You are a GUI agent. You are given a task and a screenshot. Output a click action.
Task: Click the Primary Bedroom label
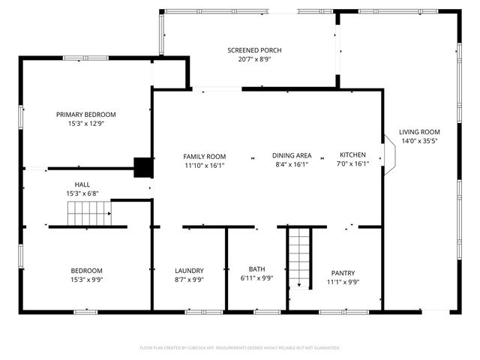[86, 115]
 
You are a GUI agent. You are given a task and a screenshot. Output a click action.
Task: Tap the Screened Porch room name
[255, 50]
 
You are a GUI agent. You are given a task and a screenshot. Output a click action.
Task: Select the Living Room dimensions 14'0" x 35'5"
[419, 139]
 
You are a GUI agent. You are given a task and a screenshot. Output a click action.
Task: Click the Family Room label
[205, 156]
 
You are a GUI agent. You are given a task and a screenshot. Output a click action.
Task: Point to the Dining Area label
[292, 156]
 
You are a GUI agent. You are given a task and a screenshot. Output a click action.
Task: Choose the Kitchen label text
[352, 156]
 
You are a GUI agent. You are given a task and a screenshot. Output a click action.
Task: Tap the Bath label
[256, 269]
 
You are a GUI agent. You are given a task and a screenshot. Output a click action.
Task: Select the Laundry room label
[189, 271]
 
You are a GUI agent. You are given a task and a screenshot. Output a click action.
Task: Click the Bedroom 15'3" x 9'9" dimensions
[87, 280]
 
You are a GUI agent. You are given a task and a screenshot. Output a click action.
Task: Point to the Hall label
[82, 184]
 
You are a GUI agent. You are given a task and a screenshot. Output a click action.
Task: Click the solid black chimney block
[142, 166]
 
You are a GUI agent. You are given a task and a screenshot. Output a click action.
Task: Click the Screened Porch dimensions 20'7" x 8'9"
[255, 59]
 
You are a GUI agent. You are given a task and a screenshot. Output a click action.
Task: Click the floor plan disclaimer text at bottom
[240, 348]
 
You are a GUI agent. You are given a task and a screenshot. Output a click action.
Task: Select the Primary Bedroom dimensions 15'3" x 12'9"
[86, 124]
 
